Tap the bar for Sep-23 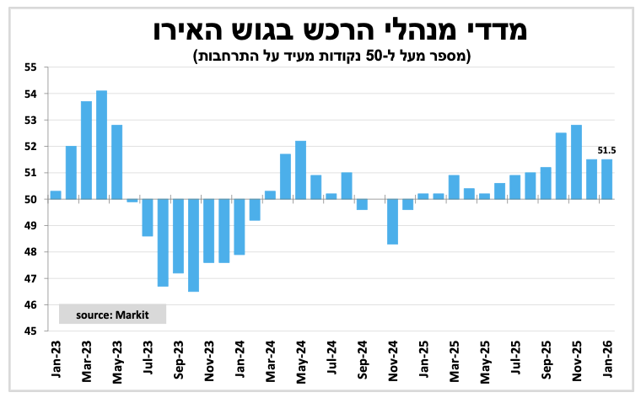178,236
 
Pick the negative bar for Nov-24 392,222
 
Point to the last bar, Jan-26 606,180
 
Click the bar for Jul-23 148,218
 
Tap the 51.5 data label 607,151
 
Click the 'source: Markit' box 112,314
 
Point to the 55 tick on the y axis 31,67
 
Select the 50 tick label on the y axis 31,200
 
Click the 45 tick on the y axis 31,331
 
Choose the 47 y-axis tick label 31,279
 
